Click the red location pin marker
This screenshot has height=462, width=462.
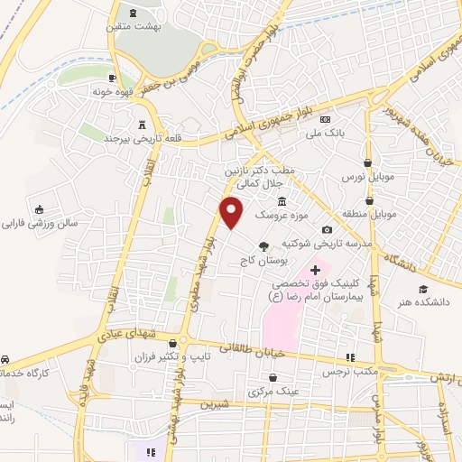coord(232,211)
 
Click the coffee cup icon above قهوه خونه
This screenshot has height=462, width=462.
coord(113,77)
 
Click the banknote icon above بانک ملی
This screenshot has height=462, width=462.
coord(325,120)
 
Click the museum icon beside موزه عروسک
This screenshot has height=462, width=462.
coord(282,200)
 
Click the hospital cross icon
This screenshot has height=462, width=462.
coord(314,270)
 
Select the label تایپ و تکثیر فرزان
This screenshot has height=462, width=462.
coord(217,356)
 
